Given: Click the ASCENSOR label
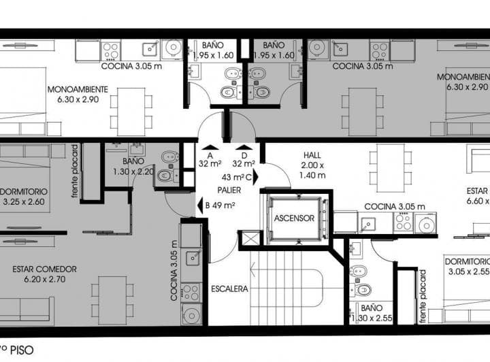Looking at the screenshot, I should (x=294, y=219).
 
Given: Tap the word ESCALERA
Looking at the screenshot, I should (x=229, y=289).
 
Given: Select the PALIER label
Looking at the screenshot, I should (x=227, y=189).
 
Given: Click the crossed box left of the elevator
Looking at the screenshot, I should (x=250, y=238).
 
